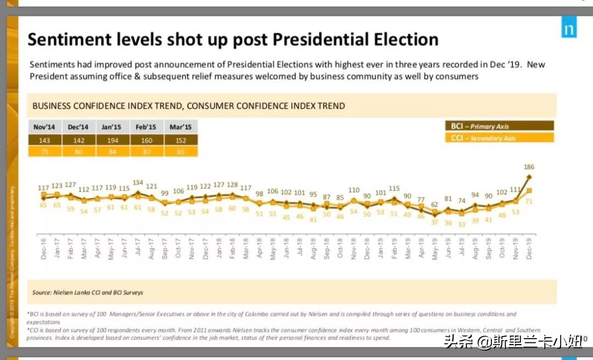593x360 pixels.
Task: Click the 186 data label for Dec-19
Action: pyautogui.click(x=529, y=167)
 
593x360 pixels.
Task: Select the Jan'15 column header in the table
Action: pyautogui.click(x=113, y=127)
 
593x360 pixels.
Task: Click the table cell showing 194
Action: pyautogui.click(x=113, y=140)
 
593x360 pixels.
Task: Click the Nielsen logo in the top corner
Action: pyautogui.click(x=569, y=29)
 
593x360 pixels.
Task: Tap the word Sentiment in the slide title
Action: pyautogui.click(x=67, y=40)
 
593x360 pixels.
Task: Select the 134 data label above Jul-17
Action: pyautogui.click(x=138, y=183)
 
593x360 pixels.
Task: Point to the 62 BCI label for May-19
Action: pyautogui.click(x=435, y=205)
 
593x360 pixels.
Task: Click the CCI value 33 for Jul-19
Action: pyautogui.click(x=462, y=224)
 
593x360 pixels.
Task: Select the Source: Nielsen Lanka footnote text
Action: pyautogui.click(x=88, y=292)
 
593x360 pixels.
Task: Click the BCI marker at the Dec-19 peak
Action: pyautogui.click(x=529, y=177)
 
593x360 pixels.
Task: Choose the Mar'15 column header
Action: pyautogui.click(x=181, y=127)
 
